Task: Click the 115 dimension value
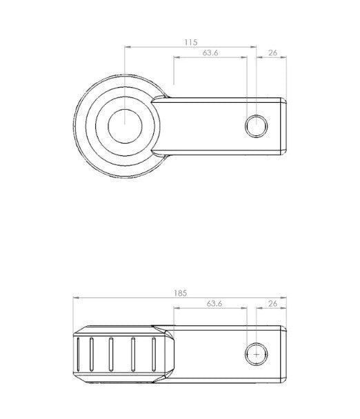coord(191,42)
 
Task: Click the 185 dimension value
coord(181,293)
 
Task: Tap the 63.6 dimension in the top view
coord(210,52)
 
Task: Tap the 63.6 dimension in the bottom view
coord(214,304)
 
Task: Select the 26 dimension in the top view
coord(272,53)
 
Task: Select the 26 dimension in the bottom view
coord(272,304)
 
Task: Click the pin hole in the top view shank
coord(257,126)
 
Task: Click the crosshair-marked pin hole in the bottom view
coord(257,354)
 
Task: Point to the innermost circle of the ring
coord(125,126)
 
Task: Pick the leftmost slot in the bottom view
coord(78,354)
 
